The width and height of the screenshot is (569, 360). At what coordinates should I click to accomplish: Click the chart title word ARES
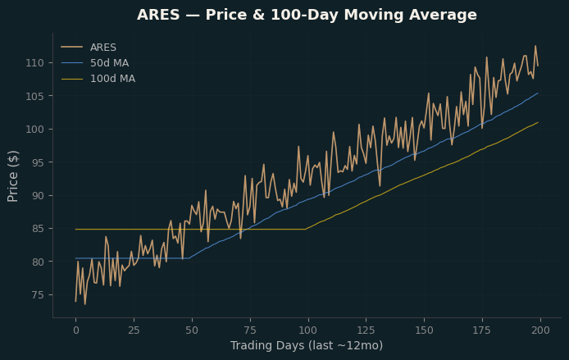(158, 15)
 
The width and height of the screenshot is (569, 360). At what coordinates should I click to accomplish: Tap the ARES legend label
(103, 48)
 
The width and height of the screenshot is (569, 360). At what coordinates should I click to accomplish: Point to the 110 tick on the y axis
(34, 63)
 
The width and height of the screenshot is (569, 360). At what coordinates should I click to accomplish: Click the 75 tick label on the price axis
(38, 295)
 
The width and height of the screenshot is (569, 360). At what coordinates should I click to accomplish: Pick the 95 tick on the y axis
(38, 162)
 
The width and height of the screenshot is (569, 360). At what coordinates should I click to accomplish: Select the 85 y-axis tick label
(38, 229)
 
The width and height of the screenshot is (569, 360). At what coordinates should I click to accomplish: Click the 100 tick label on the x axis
(307, 330)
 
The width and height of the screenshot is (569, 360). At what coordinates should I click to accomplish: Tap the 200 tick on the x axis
(540, 330)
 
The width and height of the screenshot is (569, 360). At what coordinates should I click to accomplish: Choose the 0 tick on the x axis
(76, 330)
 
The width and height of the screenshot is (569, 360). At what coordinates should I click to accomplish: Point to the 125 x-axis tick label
(366, 330)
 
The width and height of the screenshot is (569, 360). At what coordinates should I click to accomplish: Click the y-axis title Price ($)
(12, 176)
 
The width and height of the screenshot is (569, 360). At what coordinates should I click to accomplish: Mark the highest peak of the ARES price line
(535, 46)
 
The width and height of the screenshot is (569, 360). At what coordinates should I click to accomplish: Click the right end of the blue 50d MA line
(538, 93)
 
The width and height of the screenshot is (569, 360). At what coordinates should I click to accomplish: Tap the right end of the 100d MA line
(538, 123)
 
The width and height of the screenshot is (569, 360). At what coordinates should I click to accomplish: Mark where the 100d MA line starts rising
(306, 229)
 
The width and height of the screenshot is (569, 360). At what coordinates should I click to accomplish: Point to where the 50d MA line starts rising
(189, 258)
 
